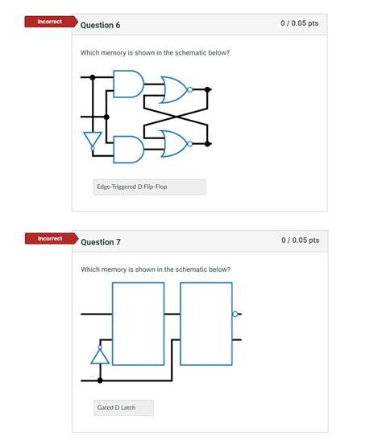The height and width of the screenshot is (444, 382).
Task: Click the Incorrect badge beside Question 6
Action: (x=49, y=22)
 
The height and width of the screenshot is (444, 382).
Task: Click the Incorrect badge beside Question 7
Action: (x=49, y=239)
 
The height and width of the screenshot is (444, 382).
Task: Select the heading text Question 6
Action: (x=100, y=25)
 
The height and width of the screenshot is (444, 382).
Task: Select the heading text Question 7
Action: (x=100, y=242)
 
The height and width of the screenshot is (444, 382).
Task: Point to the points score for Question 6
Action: (x=299, y=24)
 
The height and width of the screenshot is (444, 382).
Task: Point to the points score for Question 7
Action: (x=299, y=240)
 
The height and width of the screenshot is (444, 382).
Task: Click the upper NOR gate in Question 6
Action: (x=173, y=90)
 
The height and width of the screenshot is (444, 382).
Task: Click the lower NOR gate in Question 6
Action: (x=173, y=143)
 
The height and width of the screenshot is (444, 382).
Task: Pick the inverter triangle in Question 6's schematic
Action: (x=93, y=140)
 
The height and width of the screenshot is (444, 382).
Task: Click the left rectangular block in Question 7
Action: (x=138, y=324)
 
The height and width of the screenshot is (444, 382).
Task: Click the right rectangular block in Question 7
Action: (x=206, y=324)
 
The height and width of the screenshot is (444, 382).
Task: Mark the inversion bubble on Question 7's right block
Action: (x=235, y=314)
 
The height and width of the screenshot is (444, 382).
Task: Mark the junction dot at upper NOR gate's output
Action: (x=209, y=90)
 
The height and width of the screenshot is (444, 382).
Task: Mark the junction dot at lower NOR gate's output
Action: (x=209, y=144)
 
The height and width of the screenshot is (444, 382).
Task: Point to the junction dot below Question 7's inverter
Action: (x=100, y=379)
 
